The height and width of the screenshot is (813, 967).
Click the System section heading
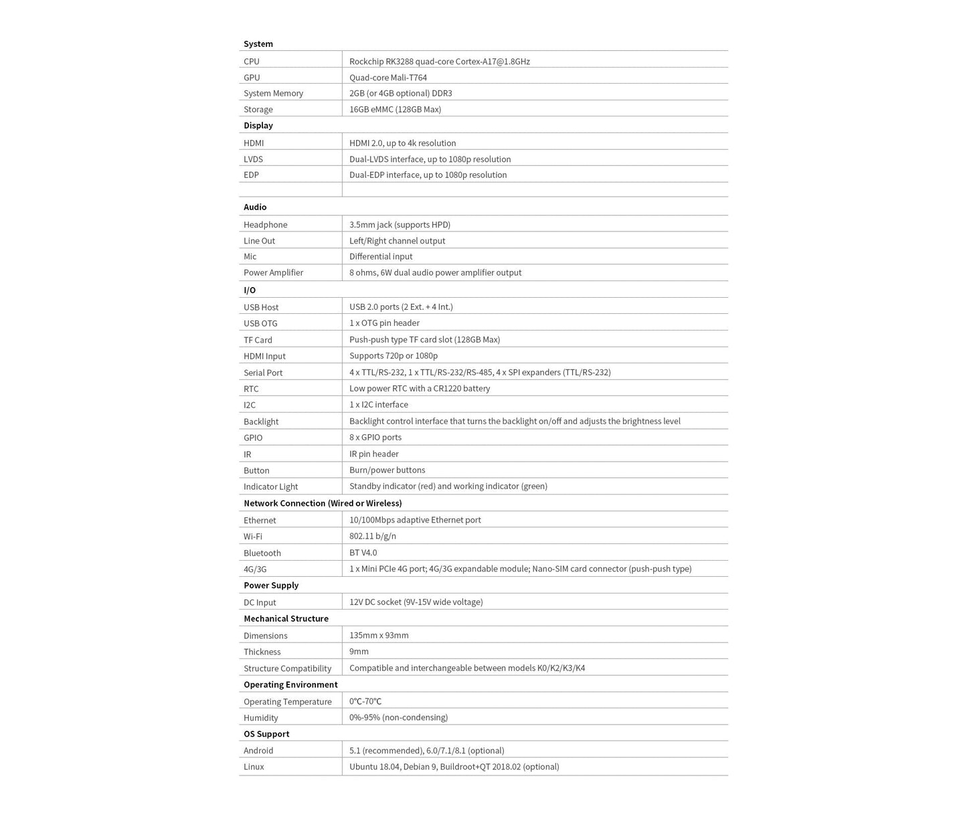click(258, 44)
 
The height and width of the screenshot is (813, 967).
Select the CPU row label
click(252, 62)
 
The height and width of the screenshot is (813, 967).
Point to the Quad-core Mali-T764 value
click(388, 78)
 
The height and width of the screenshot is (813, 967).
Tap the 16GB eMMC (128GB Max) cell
click(395, 110)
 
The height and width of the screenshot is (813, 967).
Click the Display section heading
click(258, 126)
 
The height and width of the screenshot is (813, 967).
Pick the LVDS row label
click(253, 159)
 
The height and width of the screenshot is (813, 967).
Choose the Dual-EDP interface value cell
click(428, 175)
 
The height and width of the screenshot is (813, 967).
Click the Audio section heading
click(255, 207)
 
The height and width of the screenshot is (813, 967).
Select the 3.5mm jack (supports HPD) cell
click(400, 225)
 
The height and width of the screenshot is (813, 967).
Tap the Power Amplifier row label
click(273, 273)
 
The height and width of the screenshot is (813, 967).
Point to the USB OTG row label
click(260, 324)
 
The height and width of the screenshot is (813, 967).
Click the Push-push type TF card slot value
click(424, 340)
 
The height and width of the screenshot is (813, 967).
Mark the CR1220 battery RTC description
click(420, 389)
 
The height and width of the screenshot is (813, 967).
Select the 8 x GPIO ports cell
click(375, 438)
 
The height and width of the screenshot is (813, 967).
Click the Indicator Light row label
click(270, 487)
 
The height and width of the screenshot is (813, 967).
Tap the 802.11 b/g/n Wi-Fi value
click(373, 537)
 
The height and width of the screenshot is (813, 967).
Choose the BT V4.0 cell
click(363, 553)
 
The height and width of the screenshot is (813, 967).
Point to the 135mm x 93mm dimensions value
click(379, 636)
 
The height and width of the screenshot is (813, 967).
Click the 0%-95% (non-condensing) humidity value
click(398, 718)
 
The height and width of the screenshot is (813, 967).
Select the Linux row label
click(254, 767)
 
